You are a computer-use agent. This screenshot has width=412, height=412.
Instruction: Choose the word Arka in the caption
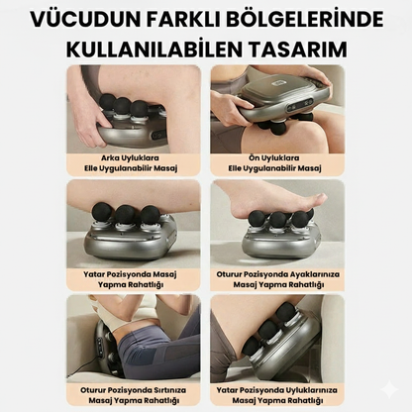point(113,157)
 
